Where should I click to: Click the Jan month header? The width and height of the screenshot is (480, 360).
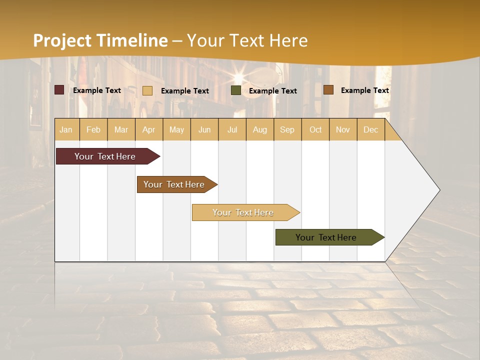tap(66, 129)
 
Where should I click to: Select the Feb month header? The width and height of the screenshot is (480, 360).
tap(93, 129)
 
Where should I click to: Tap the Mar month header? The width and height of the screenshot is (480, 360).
tap(121, 129)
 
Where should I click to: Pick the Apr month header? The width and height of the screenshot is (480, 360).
tap(148, 129)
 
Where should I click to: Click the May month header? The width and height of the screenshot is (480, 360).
tap(176, 129)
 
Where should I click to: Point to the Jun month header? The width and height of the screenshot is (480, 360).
tap(204, 129)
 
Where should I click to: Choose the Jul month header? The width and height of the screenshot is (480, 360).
tap(232, 129)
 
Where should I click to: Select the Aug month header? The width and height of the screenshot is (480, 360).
tap(259, 129)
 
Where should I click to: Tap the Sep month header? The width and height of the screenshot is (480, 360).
tap(287, 129)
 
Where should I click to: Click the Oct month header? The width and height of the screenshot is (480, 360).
tap(315, 129)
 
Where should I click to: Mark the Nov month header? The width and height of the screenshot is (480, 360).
tap(342, 129)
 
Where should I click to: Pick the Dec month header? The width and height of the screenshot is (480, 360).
tap(370, 129)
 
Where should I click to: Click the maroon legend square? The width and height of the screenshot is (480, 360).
tap(59, 90)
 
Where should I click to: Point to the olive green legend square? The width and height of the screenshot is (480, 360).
tap(236, 90)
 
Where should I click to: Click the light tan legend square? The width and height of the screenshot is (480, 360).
tap(147, 90)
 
